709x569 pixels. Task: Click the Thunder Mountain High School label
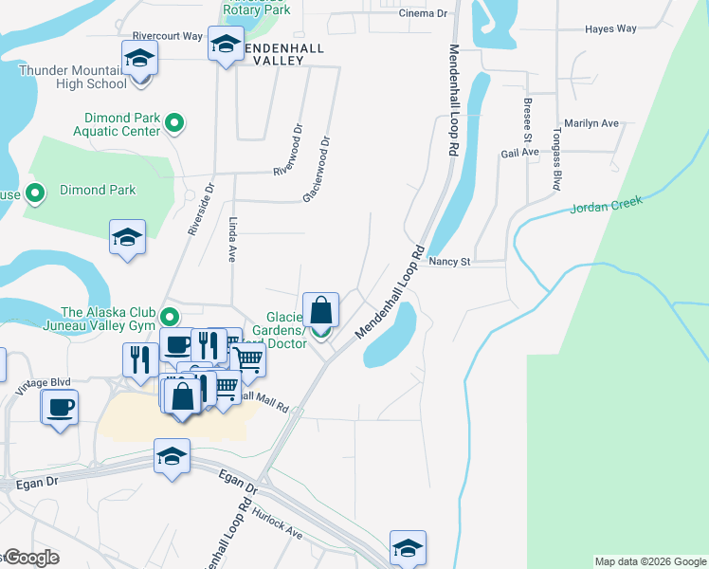[72, 77]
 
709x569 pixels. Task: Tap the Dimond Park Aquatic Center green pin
[174, 123]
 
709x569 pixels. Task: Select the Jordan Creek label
[607, 206]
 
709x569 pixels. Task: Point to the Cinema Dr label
[423, 14]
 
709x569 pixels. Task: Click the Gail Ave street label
[519, 152]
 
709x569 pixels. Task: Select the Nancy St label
[449, 261]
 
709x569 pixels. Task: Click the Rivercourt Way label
[168, 36]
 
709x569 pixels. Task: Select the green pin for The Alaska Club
[170, 316]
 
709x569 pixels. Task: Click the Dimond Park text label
[98, 190]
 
